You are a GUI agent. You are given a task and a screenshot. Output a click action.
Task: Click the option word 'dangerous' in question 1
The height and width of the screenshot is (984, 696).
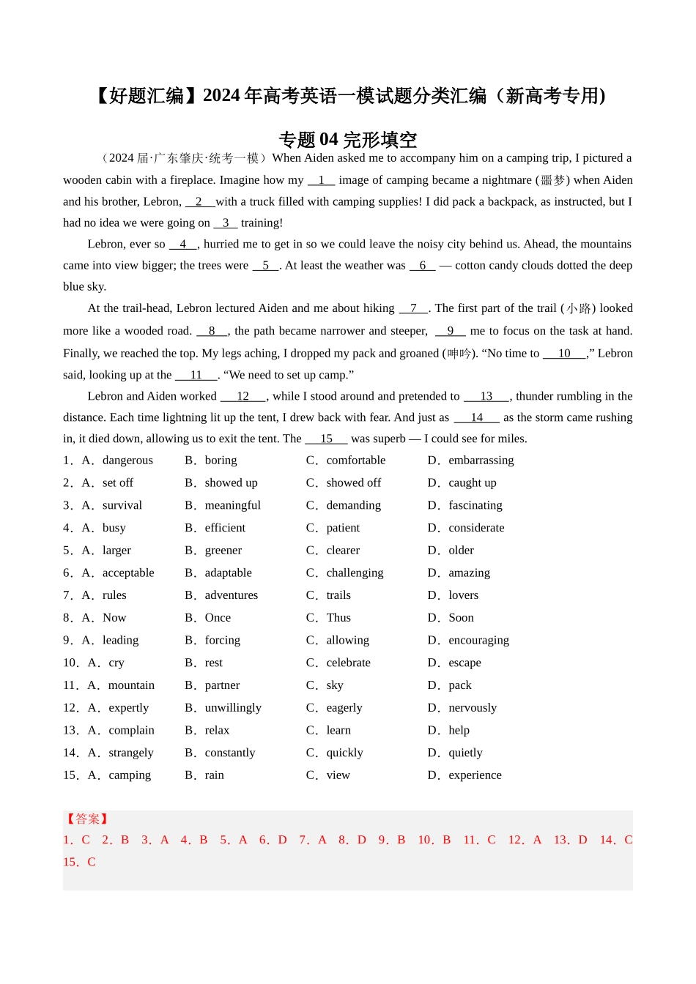point(127,461)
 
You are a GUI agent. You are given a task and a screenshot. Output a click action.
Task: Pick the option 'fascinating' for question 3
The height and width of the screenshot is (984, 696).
point(475,505)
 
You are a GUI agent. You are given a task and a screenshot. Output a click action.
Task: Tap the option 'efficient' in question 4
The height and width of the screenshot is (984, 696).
point(225,528)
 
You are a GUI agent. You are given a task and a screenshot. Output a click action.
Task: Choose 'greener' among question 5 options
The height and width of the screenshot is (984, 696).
point(223,551)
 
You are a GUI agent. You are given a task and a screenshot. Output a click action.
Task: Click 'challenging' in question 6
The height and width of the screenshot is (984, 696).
point(355,573)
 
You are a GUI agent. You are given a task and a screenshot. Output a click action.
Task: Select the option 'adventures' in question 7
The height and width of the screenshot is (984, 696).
point(231,595)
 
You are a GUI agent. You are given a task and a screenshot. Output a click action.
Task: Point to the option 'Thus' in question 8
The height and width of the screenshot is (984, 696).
point(338,618)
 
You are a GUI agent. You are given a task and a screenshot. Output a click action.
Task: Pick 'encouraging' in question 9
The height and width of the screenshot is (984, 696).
point(478,641)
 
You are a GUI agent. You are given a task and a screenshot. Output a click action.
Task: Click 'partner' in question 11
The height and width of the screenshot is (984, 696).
point(222,685)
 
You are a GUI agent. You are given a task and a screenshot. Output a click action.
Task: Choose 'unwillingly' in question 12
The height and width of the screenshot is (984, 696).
point(233,708)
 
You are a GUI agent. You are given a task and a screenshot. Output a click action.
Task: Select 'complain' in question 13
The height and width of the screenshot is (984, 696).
point(131,731)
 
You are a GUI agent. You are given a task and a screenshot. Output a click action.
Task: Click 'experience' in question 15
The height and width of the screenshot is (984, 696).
point(475,775)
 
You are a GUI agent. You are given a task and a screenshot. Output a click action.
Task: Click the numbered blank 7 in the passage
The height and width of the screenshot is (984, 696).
point(414,308)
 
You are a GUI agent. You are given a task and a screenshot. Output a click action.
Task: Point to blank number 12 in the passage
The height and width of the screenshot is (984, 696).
point(243,396)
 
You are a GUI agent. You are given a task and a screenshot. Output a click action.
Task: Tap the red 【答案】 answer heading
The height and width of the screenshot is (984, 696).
point(87,819)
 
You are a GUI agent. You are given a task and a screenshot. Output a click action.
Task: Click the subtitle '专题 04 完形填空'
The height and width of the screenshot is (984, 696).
point(348,139)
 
